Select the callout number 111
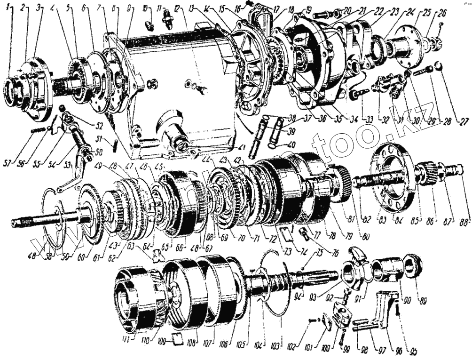pyautogui.click(x=125, y=339)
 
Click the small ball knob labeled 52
pyautogui.click(x=61, y=109)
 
